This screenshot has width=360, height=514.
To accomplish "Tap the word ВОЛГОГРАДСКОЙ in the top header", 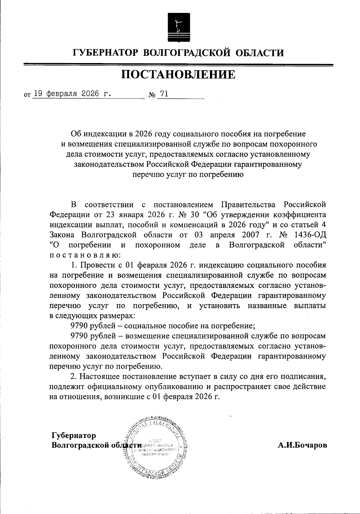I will [x=187, y=53].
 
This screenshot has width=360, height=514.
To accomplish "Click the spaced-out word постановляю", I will [x=85, y=255].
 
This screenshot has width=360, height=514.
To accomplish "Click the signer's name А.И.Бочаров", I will [x=302, y=445].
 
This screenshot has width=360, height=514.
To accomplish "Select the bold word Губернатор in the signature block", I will [x=74, y=435].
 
